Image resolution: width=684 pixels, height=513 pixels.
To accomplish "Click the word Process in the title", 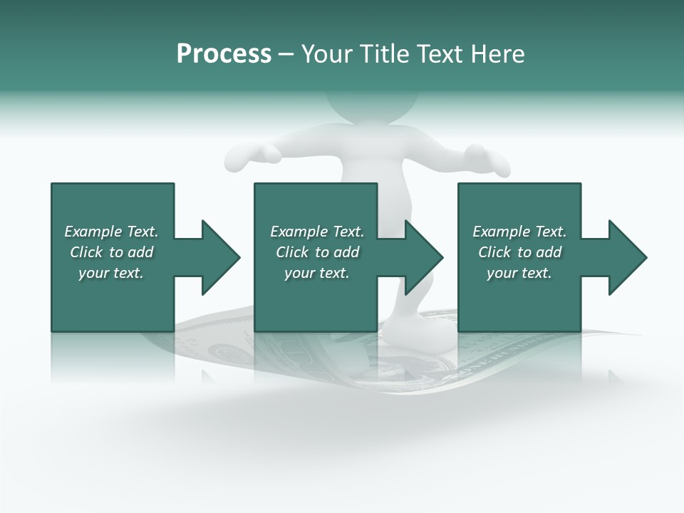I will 224,54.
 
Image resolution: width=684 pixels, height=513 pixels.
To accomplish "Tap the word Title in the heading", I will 385,54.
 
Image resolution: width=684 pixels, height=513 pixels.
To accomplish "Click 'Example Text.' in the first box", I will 111,232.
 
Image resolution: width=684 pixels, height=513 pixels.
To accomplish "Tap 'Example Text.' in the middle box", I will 317,232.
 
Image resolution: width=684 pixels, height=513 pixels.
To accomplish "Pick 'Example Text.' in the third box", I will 519,232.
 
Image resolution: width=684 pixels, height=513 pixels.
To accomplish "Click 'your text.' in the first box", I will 111,273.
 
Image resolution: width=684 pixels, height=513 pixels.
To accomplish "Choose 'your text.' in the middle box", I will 317,273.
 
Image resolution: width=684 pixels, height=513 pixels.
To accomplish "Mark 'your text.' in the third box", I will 519,273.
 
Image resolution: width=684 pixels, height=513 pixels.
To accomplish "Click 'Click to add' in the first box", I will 111,252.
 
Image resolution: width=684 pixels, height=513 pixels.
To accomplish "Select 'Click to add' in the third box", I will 519,252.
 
